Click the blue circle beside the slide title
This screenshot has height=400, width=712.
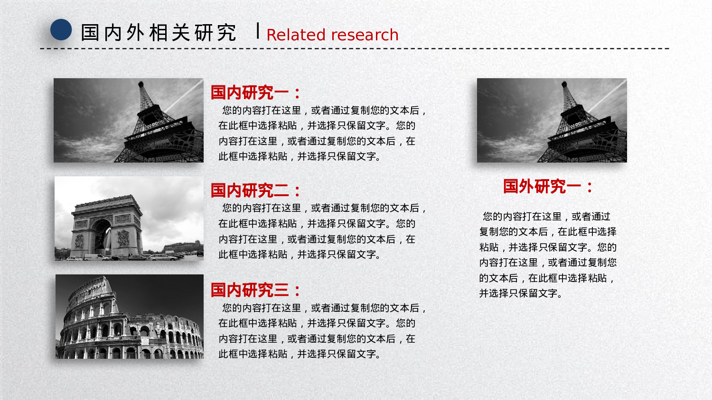[61, 29]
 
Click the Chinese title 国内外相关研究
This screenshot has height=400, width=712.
[159, 33]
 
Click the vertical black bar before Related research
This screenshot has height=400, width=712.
[258, 31]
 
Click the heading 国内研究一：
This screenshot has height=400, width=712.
[256, 92]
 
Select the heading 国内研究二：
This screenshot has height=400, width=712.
[256, 191]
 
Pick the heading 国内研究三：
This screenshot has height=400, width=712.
[256, 290]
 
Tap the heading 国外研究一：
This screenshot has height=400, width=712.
[548, 186]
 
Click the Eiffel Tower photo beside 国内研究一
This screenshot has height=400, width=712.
[129, 120]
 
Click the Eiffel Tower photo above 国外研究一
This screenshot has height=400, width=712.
[552, 120]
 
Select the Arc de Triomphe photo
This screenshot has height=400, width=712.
[129, 218]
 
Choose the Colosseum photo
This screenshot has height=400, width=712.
[130, 317]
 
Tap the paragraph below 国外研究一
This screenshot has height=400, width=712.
[548, 255]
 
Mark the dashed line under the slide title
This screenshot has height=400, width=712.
[355, 48]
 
